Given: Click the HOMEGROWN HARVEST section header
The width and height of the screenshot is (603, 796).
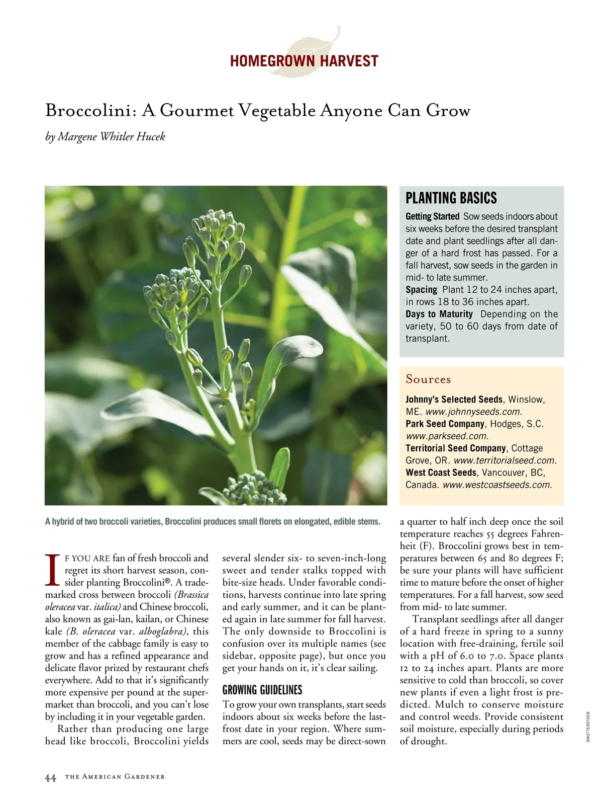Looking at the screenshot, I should click(x=304, y=61).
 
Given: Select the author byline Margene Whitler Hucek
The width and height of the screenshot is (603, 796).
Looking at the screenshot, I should click(x=111, y=137).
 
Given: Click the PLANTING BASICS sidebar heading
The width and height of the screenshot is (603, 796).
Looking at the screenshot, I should click(x=451, y=198).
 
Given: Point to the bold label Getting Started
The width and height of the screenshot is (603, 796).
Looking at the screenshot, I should click(x=432, y=216).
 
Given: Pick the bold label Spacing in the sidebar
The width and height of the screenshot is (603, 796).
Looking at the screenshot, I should click(x=421, y=290).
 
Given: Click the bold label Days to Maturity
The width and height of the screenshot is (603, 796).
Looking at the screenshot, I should click(x=439, y=314).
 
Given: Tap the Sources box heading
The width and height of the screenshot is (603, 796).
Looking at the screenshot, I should click(x=428, y=379).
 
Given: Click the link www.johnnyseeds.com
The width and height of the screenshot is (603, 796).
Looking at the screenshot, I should click(x=473, y=412).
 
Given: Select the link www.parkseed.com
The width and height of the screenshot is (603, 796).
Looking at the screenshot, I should click(x=447, y=436).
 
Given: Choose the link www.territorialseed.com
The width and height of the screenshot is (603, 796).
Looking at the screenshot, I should click(x=505, y=460).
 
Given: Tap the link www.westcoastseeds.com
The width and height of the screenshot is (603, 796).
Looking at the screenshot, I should click(x=497, y=485).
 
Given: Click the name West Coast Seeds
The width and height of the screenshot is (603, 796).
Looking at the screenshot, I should click(x=441, y=473).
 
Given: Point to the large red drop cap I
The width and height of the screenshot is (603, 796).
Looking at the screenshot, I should click(x=52, y=570).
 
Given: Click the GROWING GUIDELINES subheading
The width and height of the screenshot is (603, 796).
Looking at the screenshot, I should click(x=262, y=690).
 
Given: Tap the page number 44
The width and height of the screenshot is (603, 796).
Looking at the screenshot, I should click(x=50, y=777).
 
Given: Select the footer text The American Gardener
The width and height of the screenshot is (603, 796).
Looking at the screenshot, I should click(x=115, y=777).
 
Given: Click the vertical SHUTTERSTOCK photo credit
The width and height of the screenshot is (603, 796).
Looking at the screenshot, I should click(x=587, y=726).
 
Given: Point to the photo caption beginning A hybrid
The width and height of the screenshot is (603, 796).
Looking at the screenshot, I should click(x=213, y=522).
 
